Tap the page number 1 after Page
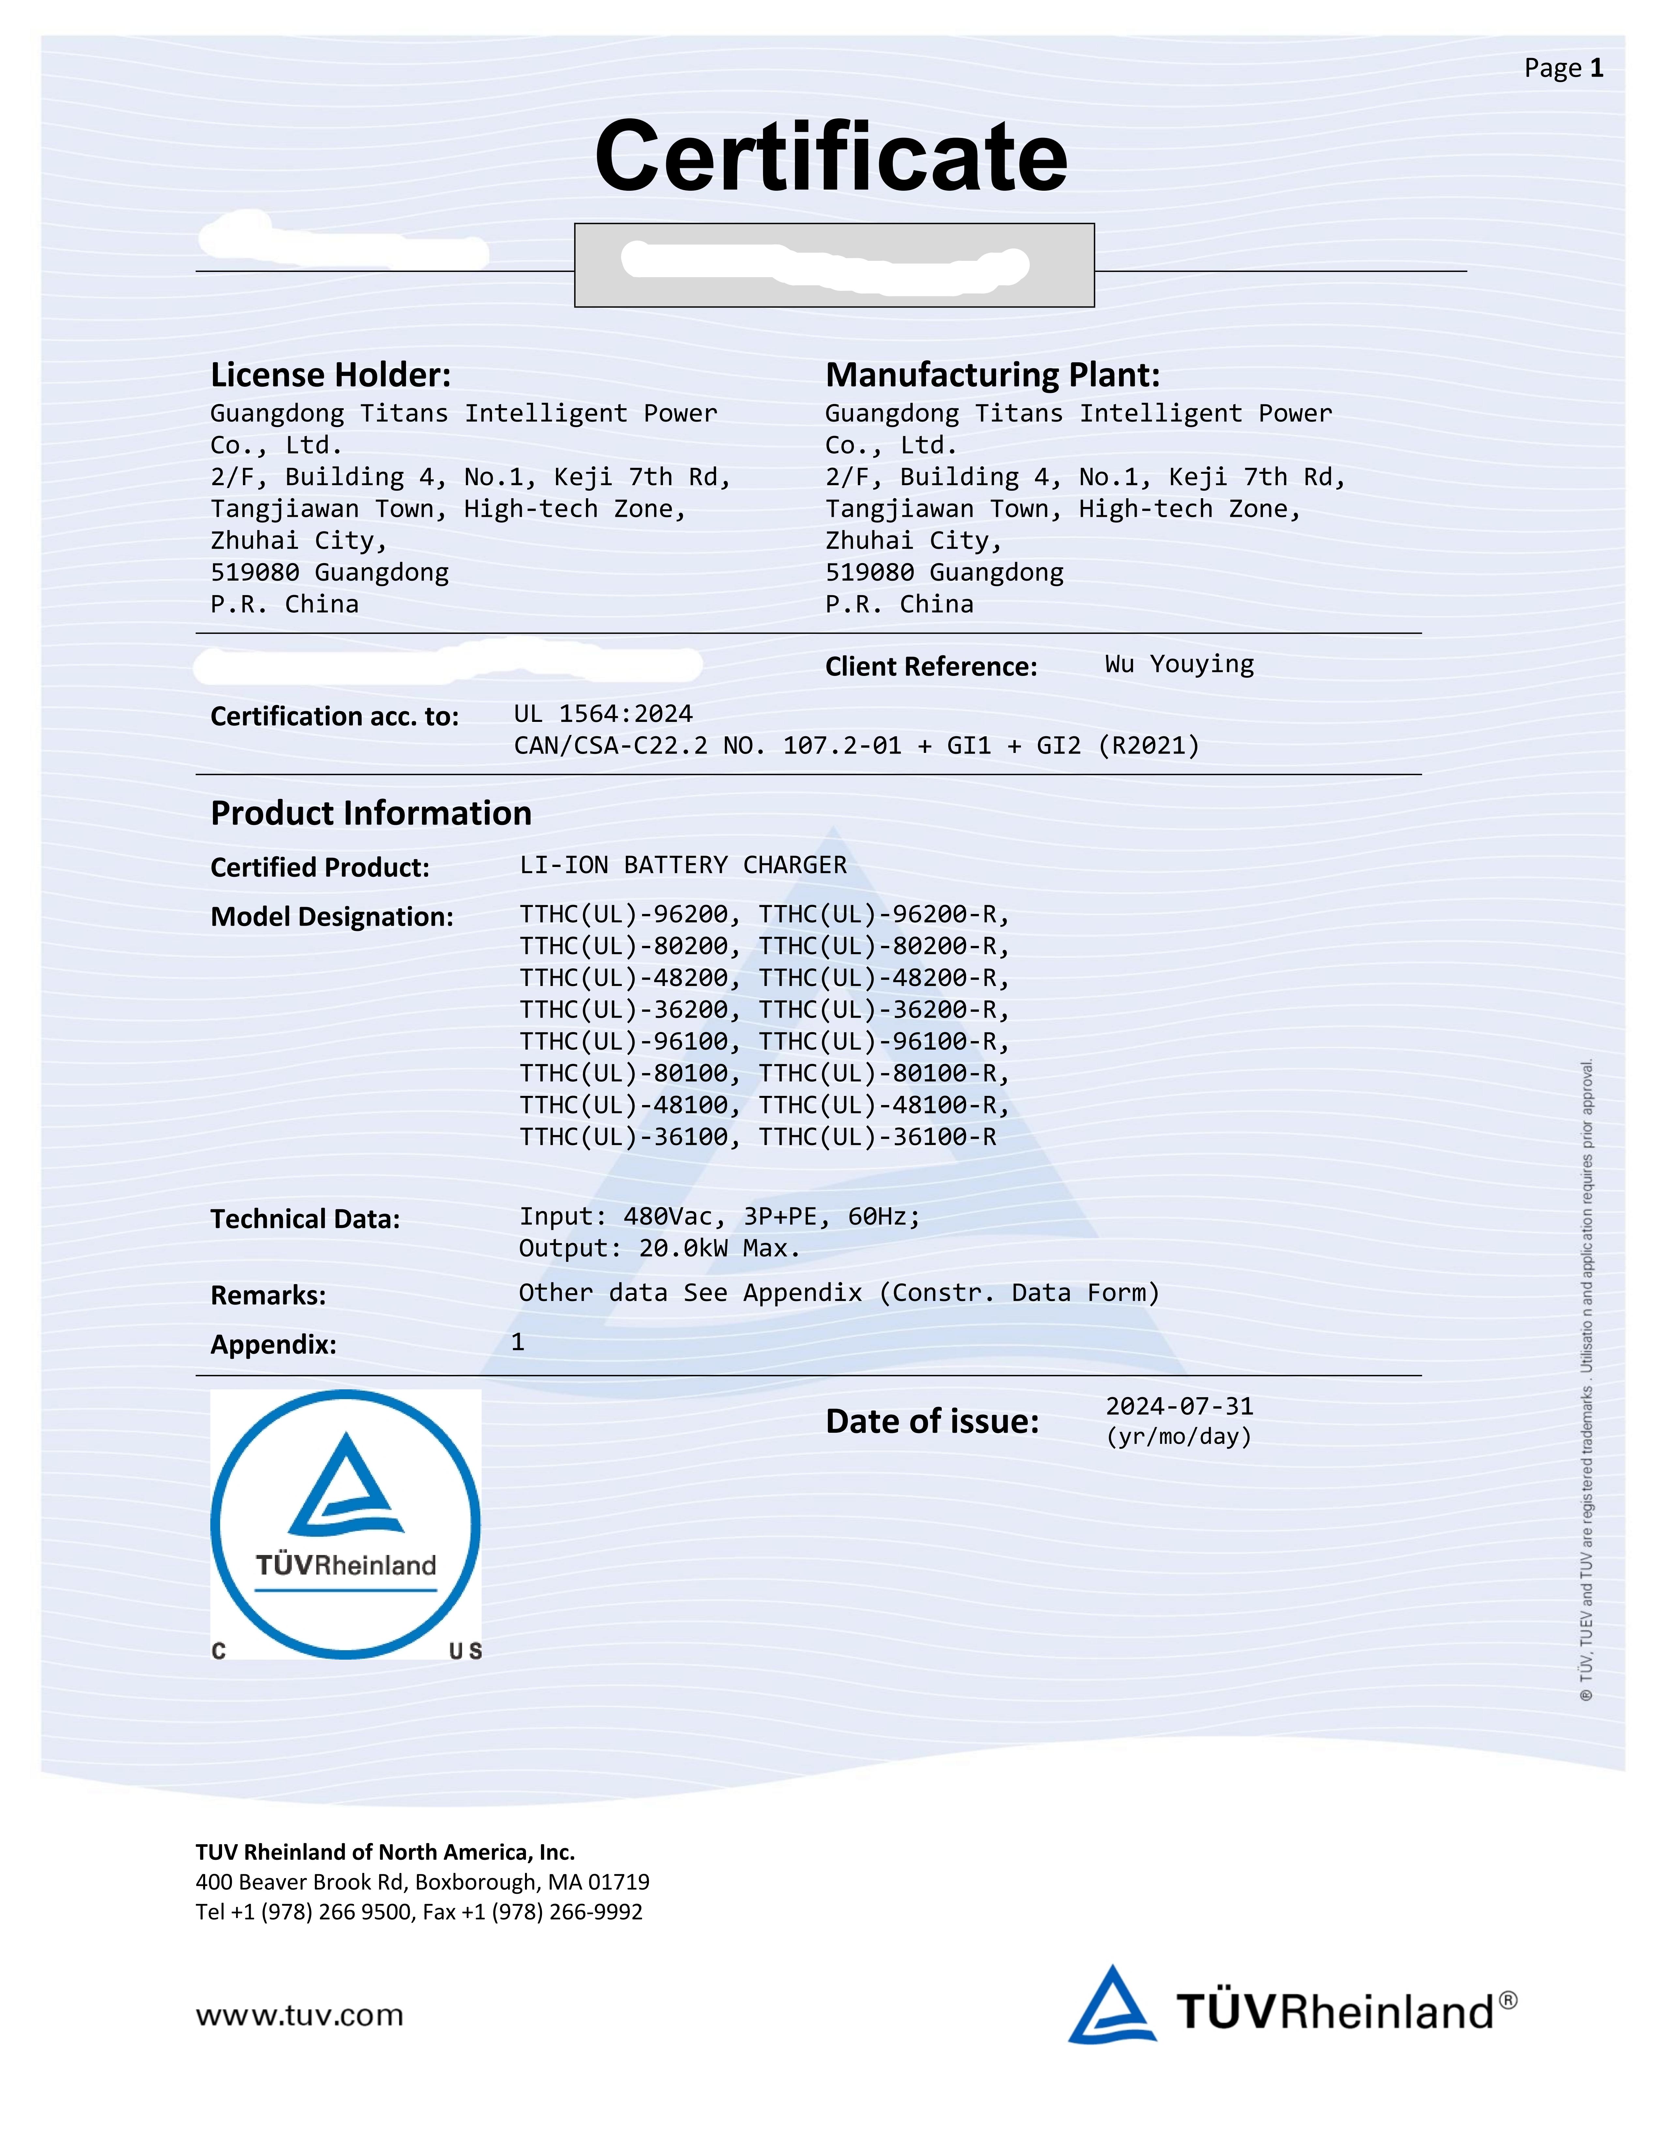[x=1596, y=68]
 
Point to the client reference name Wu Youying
[x=1179, y=664]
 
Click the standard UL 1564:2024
[x=603, y=713]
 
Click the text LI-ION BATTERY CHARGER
[x=683, y=865]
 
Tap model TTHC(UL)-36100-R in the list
[x=877, y=1137]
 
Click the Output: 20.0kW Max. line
[x=659, y=1248]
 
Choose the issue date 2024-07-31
[x=1179, y=1406]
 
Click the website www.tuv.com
[x=299, y=2015]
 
